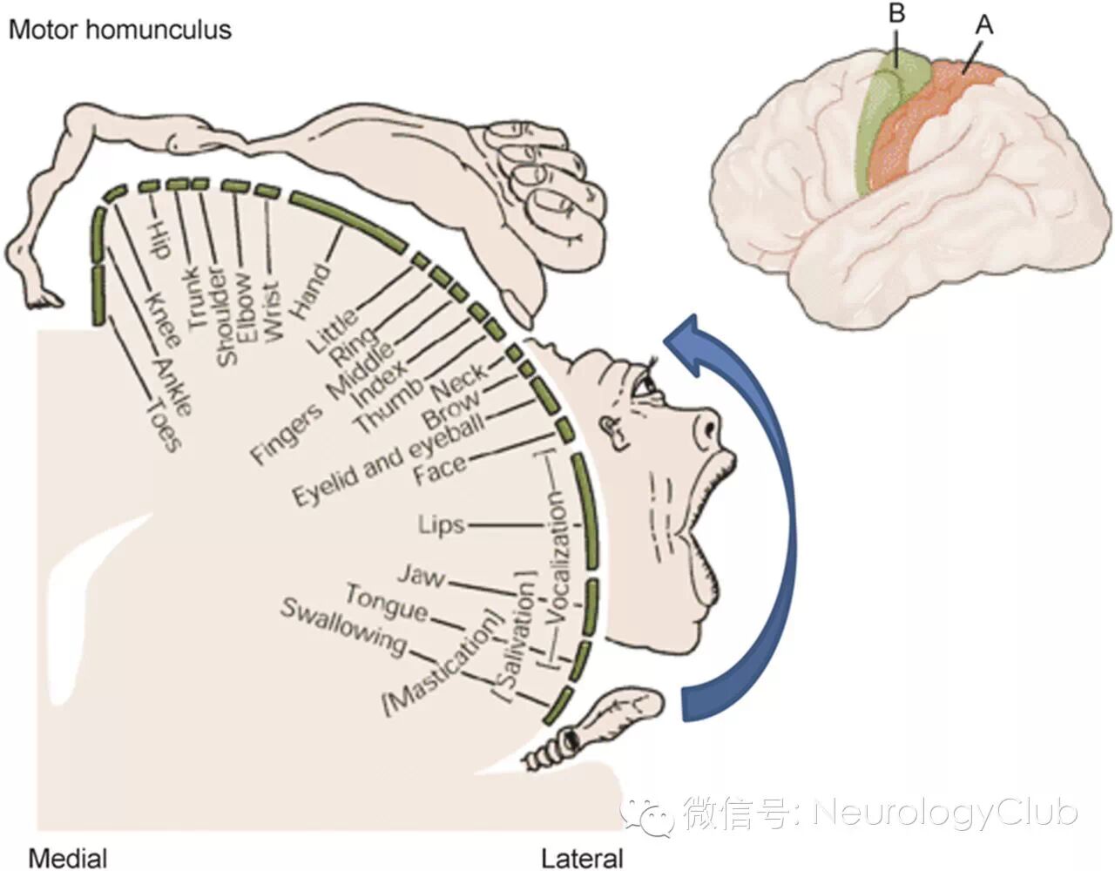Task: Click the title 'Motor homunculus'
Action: pyautogui.click(x=119, y=30)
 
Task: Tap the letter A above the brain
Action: pyautogui.click(x=983, y=25)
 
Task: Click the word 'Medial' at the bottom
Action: pyautogui.click(x=67, y=857)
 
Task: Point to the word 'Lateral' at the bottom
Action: pyautogui.click(x=582, y=857)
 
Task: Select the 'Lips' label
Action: pyautogui.click(x=441, y=525)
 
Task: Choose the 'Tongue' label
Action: pyautogui.click(x=386, y=603)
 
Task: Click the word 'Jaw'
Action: pyautogui.click(x=421, y=575)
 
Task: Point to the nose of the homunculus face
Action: pyautogui.click(x=707, y=427)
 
